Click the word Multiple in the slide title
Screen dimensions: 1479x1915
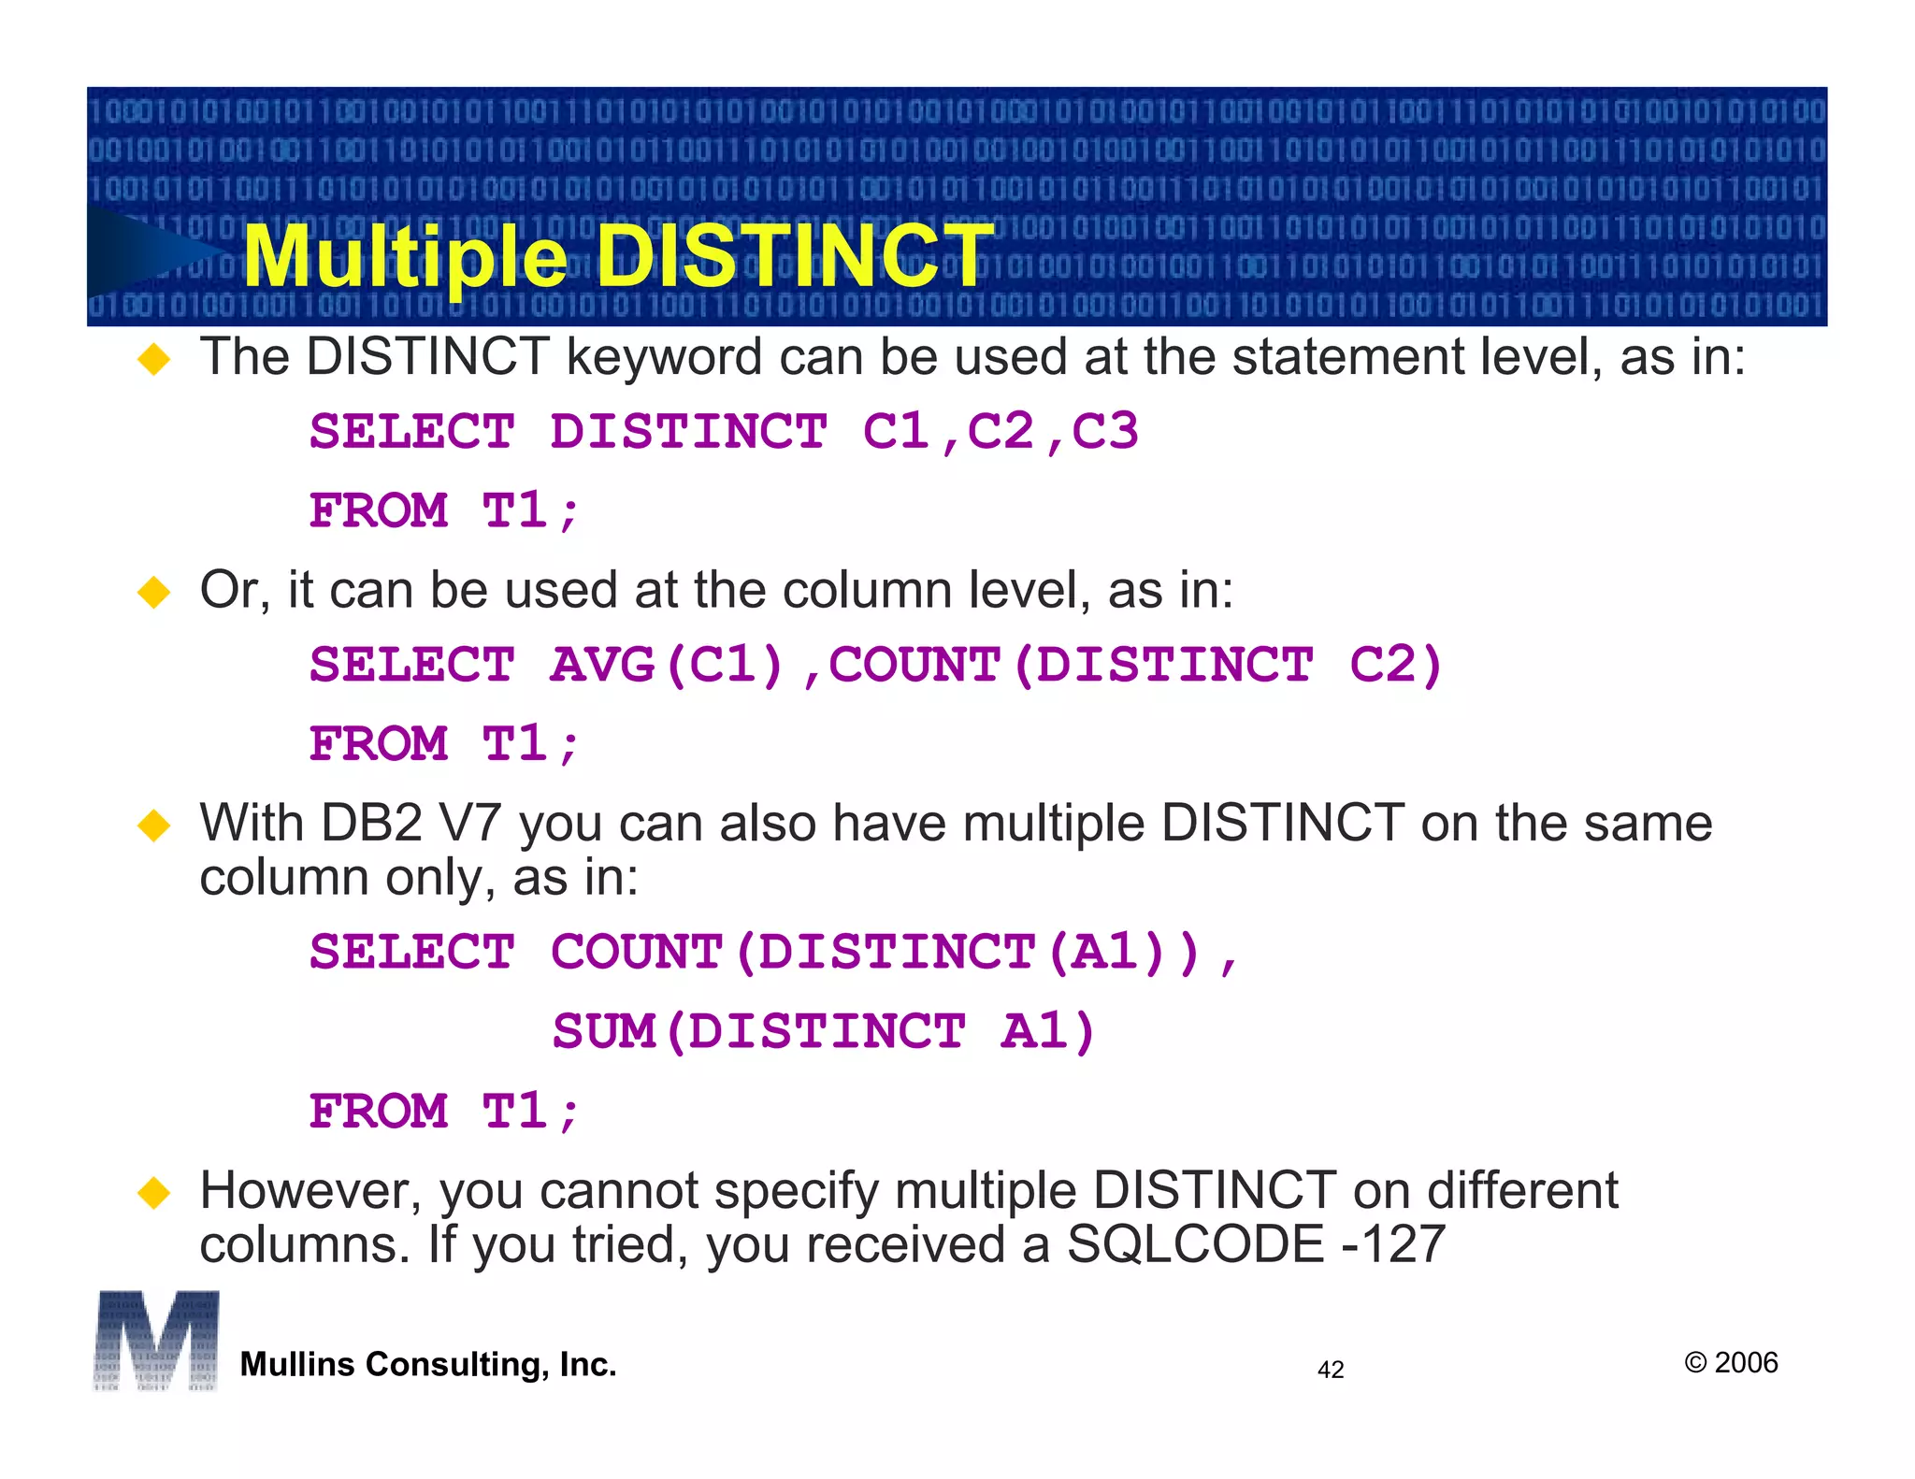(x=404, y=258)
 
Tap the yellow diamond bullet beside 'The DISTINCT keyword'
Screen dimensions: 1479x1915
(x=154, y=359)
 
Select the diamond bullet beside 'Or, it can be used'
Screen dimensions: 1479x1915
(x=154, y=592)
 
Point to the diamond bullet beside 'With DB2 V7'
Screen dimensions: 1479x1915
(x=154, y=826)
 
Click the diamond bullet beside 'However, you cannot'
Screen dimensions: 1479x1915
(x=154, y=1193)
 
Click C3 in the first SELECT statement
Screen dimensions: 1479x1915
(x=1104, y=432)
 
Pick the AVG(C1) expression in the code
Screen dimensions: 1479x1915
(x=667, y=666)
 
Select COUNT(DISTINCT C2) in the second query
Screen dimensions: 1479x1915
(x=1136, y=666)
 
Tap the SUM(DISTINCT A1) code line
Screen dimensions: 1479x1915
(x=823, y=1032)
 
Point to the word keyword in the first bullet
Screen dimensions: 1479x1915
(x=664, y=359)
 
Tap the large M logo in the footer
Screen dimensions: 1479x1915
(x=156, y=1341)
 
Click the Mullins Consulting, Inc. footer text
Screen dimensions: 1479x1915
(x=428, y=1365)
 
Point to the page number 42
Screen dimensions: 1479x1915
(x=1330, y=1371)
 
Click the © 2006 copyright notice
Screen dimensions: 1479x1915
(x=1731, y=1363)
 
